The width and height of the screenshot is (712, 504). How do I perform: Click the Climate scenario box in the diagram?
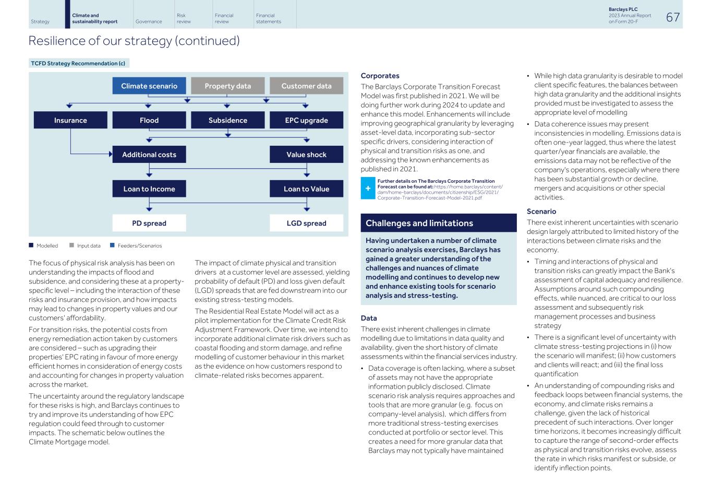tap(149, 86)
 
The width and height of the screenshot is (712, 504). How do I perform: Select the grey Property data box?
tap(227, 86)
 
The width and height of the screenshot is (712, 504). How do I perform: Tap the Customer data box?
tap(306, 86)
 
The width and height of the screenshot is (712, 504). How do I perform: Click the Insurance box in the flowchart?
tap(70, 120)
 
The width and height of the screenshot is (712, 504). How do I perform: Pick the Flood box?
tap(149, 120)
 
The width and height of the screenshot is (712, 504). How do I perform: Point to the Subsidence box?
tap(227, 120)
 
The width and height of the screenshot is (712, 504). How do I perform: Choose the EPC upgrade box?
tap(306, 120)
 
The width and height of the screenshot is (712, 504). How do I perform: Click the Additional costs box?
tap(149, 155)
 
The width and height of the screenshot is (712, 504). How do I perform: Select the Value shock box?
tap(306, 155)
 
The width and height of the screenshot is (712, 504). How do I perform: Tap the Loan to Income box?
tap(149, 189)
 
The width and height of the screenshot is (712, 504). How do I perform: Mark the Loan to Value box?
tap(306, 189)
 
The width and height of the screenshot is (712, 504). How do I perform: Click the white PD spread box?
tap(149, 223)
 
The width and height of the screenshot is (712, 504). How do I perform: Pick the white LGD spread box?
tap(306, 223)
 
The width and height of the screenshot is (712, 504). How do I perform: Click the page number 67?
tap(673, 17)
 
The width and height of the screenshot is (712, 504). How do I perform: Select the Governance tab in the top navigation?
tap(149, 21)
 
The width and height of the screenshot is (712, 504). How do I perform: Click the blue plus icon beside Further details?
tap(368, 189)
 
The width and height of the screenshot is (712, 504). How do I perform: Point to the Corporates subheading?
tap(380, 76)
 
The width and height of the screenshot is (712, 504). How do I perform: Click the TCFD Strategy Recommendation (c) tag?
tap(78, 63)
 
